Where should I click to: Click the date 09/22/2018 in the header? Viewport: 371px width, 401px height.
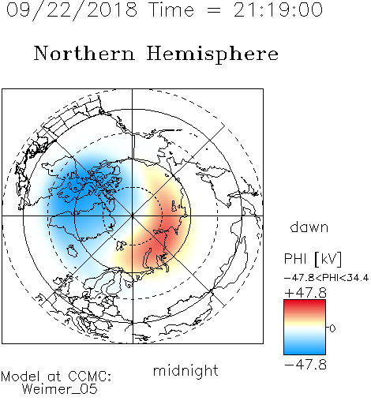coord(72,10)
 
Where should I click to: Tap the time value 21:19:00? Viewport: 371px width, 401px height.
coord(278,10)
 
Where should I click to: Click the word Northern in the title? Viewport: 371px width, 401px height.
coord(84,54)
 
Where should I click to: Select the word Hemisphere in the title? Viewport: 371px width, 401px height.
coord(212,54)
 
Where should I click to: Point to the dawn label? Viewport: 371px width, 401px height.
coord(309,227)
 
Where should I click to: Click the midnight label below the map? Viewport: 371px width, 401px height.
coord(185,371)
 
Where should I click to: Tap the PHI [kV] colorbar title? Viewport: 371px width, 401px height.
coord(313,259)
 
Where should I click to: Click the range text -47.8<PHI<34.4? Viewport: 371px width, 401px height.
coord(326,278)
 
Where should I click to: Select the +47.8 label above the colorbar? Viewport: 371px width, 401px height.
coord(305,293)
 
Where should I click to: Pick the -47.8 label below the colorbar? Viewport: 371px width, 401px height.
coord(305,365)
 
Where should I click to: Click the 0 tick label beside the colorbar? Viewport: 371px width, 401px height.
coord(332,328)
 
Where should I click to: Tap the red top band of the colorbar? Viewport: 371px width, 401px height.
coord(305,305)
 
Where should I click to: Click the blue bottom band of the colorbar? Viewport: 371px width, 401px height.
coord(305,350)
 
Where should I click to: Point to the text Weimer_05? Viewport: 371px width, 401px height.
coord(60,389)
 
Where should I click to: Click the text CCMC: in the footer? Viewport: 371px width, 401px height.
coord(90,377)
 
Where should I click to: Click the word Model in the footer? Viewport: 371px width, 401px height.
coord(21,377)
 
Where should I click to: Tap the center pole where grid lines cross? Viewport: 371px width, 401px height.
coord(133,216)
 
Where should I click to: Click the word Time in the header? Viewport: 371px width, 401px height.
coord(171,10)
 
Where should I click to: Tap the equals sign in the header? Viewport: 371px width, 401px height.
coord(213,10)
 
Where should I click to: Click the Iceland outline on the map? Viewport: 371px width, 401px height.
coord(72,251)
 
